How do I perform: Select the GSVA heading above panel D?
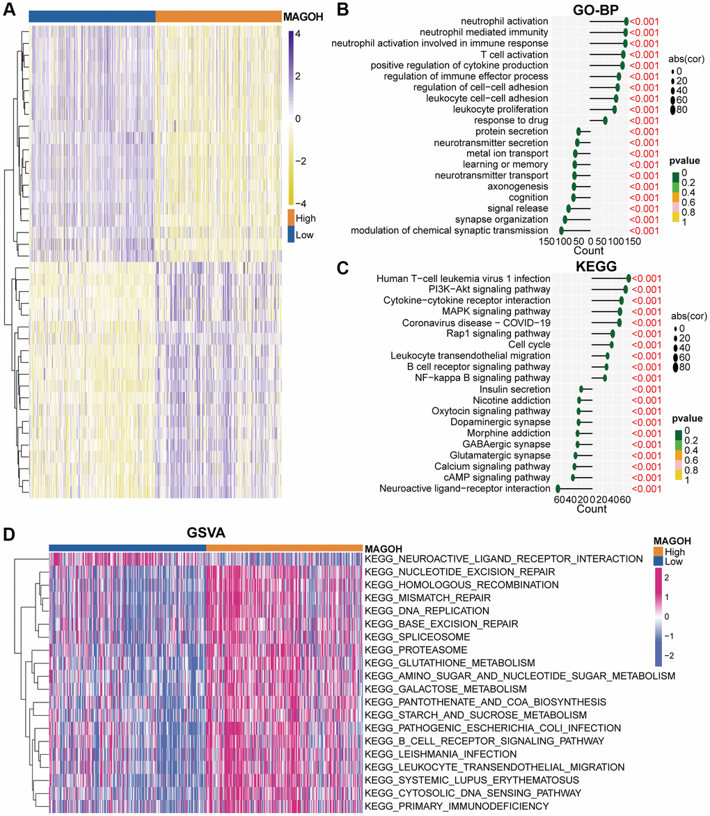click(205, 533)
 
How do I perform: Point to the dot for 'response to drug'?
click(606, 120)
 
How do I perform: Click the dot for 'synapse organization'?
click(565, 219)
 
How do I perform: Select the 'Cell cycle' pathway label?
click(529, 345)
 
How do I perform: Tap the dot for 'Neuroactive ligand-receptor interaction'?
click(558, 489)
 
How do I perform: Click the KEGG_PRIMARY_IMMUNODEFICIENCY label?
click(457, 806)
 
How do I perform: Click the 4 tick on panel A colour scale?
click(297, 33)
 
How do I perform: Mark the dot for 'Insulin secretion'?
click(582, 389)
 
